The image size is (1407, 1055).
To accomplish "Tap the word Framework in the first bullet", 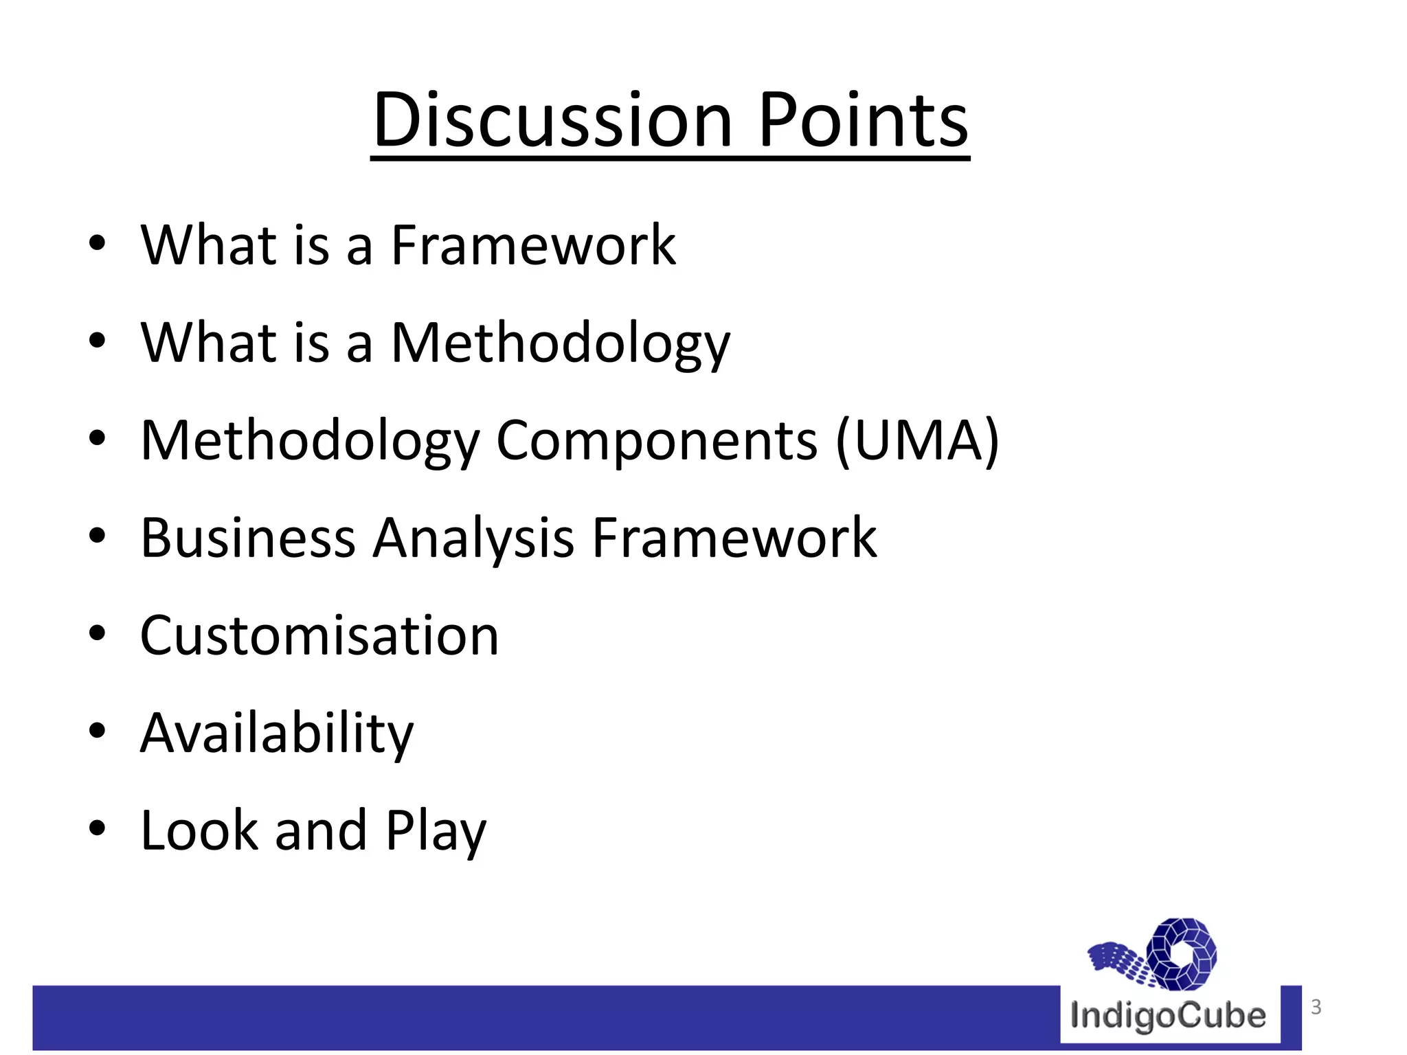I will [533, 245].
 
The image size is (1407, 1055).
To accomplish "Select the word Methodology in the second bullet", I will [560, 343].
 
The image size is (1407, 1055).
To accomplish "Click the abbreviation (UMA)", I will [917, 441].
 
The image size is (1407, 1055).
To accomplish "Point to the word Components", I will [657, 441].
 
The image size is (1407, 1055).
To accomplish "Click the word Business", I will [248, 538].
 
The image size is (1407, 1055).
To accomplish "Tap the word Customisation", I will [319, 636].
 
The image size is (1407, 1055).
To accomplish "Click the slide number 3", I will [1316, 1007].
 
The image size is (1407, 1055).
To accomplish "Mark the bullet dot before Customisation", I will [97, 634].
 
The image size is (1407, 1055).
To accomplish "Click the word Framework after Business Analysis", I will [734, 538].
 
